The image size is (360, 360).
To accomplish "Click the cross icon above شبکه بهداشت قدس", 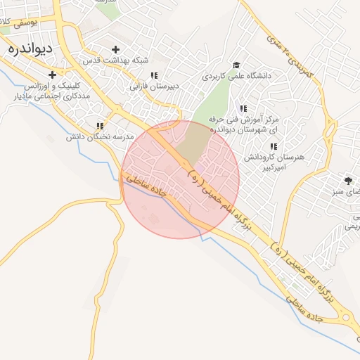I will point(116,49).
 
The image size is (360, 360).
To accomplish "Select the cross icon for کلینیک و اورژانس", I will point(52,74).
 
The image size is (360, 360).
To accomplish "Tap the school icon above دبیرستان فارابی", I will point(153,75).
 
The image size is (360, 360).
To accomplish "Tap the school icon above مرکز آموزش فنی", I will point(243,108).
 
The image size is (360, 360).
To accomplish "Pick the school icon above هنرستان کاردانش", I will point(274,146).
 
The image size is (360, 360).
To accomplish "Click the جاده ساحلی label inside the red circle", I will point(148,188).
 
